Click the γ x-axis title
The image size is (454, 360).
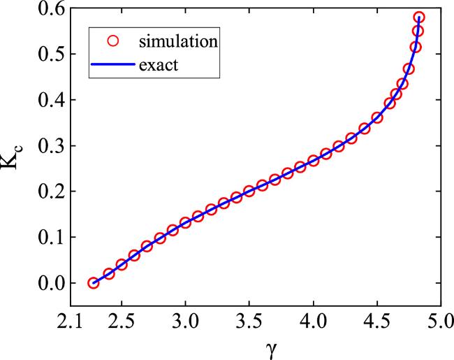(260, 347)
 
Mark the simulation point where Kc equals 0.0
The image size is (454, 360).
(94, 283)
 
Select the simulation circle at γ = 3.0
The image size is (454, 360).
(185, 223)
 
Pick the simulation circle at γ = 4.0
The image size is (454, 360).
(313, 161)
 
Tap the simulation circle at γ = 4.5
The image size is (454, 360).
(376, 118)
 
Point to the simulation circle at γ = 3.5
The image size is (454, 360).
(249, 192)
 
